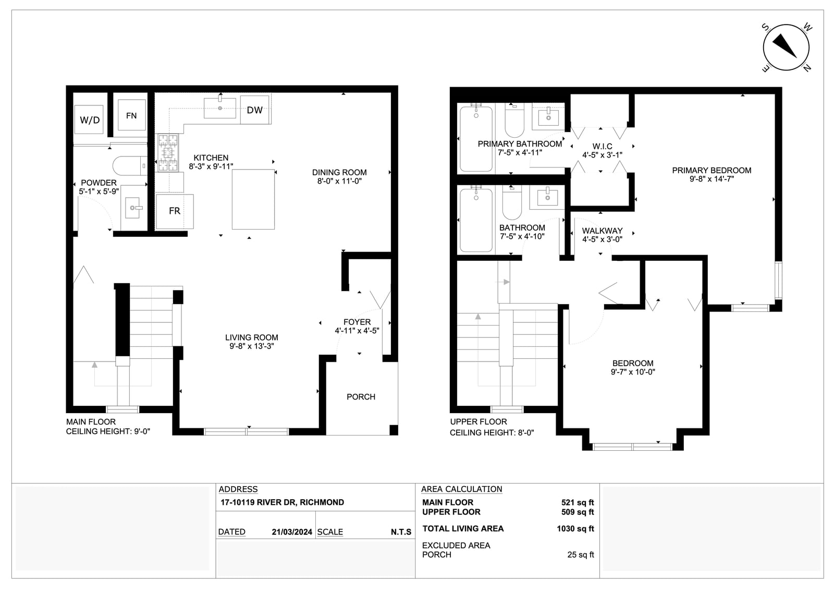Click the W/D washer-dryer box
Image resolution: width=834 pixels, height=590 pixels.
pos(89,119)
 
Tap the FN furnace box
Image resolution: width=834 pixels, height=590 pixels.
pos(131,115)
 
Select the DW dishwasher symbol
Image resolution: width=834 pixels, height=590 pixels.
pos(255,110)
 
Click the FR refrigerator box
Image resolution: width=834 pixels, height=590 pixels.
pos(175,211)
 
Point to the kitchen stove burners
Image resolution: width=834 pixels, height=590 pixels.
pos(168,153)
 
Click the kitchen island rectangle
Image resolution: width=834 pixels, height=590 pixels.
pos(253,199)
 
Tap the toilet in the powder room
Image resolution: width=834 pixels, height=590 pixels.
pos(130,166)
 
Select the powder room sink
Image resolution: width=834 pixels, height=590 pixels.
pos(133,208)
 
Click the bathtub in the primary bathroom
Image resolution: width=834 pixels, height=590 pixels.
pos(476,139)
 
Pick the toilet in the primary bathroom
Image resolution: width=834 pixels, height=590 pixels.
pos(514,120)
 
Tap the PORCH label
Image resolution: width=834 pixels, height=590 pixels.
pos(361,397)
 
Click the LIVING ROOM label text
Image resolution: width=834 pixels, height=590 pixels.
pos(252,338)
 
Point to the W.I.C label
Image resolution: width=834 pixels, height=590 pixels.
pos(602,146)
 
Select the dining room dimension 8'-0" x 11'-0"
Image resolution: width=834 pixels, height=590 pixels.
pos(339,181)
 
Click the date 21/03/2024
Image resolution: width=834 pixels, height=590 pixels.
pos(292,532)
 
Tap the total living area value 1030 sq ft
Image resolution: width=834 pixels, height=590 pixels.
pos(575,528)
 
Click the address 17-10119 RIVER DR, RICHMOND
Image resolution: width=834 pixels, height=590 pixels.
pos(282,502)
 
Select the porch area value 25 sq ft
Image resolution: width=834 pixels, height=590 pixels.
pos(581,555)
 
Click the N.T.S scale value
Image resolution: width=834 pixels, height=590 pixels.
pos(401,532)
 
